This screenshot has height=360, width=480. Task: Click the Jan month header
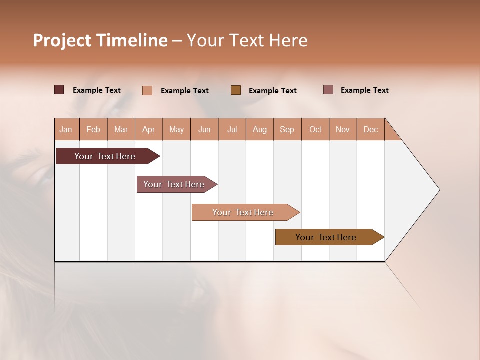66,129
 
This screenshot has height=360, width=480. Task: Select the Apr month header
149,129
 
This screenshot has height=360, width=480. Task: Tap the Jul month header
232,129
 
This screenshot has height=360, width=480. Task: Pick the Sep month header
287,129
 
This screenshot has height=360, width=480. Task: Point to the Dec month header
370,129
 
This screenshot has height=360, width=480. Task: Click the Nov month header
343,129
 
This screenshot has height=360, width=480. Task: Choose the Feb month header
93,129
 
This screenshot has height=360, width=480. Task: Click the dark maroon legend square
59,90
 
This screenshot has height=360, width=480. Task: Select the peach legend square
147,90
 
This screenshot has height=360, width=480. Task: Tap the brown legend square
236,90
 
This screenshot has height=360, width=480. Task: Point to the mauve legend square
328,90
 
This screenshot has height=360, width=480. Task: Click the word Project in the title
61,40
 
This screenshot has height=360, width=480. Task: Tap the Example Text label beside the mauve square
364,90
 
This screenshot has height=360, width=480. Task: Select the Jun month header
204,129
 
